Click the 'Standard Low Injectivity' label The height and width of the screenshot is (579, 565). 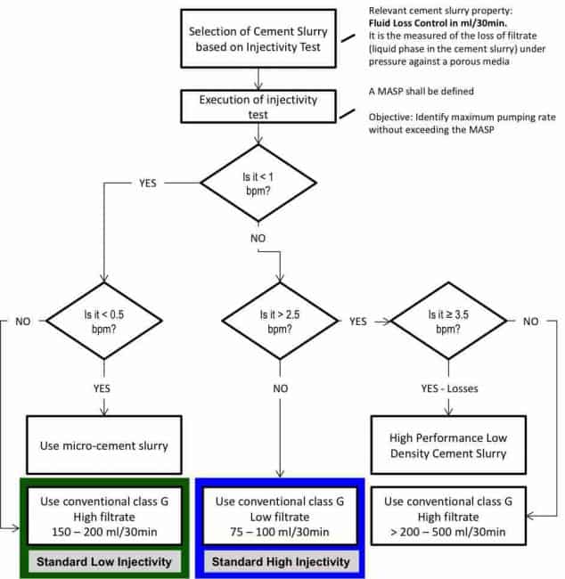point(104,562)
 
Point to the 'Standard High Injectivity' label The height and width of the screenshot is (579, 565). point(281,562)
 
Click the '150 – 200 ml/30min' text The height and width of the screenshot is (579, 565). point(104,532)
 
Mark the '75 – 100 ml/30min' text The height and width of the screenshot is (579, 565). point(280,532)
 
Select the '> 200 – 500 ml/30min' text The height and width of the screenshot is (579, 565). point(448,532)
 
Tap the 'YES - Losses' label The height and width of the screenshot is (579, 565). point(449,388)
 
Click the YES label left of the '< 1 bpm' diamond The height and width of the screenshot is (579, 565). point(148,183)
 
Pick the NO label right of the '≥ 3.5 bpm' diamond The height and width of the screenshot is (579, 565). point(530,322)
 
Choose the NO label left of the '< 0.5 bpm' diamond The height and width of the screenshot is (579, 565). point(23,322)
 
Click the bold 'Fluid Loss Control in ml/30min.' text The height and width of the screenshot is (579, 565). point(438,23)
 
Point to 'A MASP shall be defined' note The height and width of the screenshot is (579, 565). point(422,91)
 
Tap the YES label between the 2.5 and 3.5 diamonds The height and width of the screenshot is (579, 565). point(358,322)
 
